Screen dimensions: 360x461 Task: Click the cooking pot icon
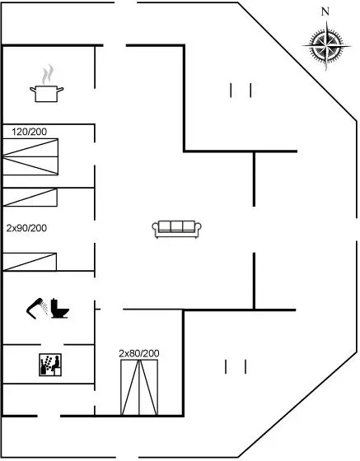coord(46,94)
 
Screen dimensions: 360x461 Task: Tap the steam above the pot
coord(47,75)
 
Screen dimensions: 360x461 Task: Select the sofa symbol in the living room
coord(176,229)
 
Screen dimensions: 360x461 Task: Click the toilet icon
coord(59,309)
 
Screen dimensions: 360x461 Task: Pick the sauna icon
coord(50,365)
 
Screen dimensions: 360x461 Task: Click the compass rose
coord(326,46)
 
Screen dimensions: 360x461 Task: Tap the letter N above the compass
coord(325,12)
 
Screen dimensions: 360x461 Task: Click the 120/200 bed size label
coord(30,132)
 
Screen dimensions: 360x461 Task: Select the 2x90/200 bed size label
coord(26,228)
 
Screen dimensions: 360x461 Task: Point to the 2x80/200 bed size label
coord(139,353)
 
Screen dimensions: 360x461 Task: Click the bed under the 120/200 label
coord(30,156)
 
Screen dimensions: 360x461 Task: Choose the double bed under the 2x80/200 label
coord(139,387)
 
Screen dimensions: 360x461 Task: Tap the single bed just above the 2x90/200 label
coord(30,198)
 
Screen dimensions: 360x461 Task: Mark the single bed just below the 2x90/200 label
coord(30,262)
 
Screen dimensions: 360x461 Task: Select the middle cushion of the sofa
coord(176,226)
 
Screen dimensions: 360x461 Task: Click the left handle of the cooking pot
coord(32,89)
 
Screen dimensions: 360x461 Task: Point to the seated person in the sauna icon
coord(55,363)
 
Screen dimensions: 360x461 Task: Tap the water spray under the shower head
coord(44,307)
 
